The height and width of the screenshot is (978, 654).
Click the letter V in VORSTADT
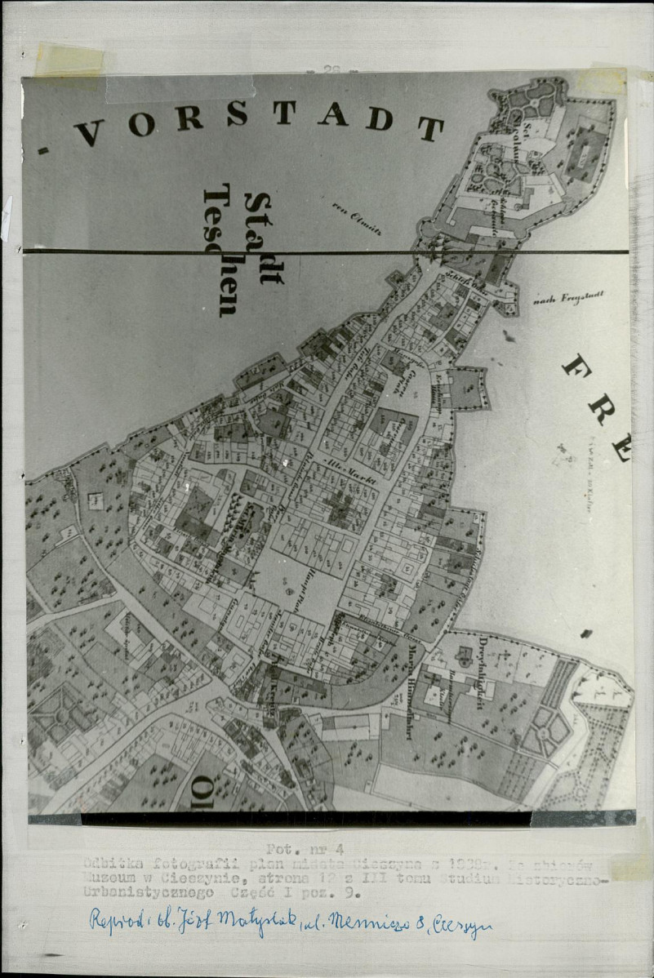[x=88, y=131]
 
